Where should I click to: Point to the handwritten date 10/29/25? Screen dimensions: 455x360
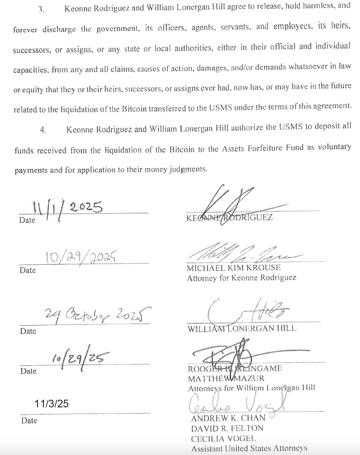tap(81, 358)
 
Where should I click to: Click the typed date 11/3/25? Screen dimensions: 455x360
tap(52, 403)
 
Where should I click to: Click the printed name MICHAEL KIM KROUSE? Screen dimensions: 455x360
tap(234, 268)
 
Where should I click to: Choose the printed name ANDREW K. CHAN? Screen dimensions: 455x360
tap(228, 418)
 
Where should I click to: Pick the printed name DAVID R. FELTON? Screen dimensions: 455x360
tap(227, 428)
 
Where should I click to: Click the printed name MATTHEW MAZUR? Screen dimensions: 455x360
tap(226, 378)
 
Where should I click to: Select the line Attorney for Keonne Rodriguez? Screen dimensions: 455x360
tap(242, 278)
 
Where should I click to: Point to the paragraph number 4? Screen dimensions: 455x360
tap(43, 130)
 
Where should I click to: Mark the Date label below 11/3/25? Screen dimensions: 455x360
tap(29, 420)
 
